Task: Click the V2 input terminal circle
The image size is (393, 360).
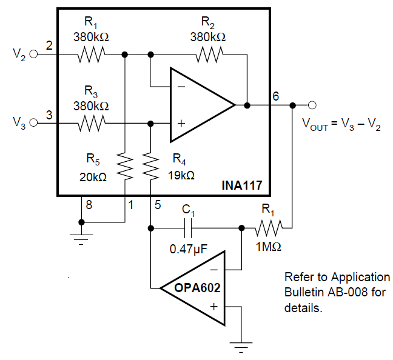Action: click(x=33, y=54)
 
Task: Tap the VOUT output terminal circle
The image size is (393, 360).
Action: click(x=312, y=104)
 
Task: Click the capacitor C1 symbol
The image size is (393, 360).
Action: click(x=189, y=228)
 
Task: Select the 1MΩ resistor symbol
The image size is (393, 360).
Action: click(x=267, y=228)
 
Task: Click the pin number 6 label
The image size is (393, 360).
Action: click(x=275, y=96)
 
